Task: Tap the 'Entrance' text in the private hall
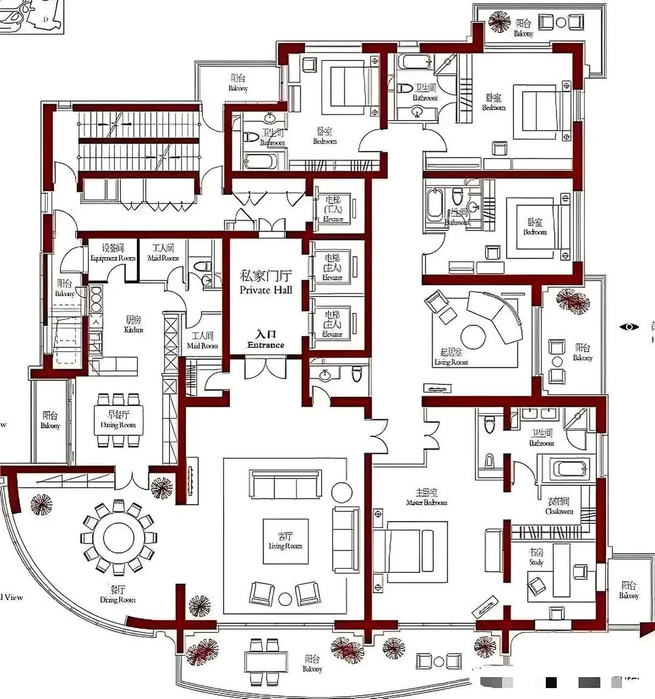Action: point(266,345)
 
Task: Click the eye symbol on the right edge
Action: point(629,327)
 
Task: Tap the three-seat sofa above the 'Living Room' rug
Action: point(284,483)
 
